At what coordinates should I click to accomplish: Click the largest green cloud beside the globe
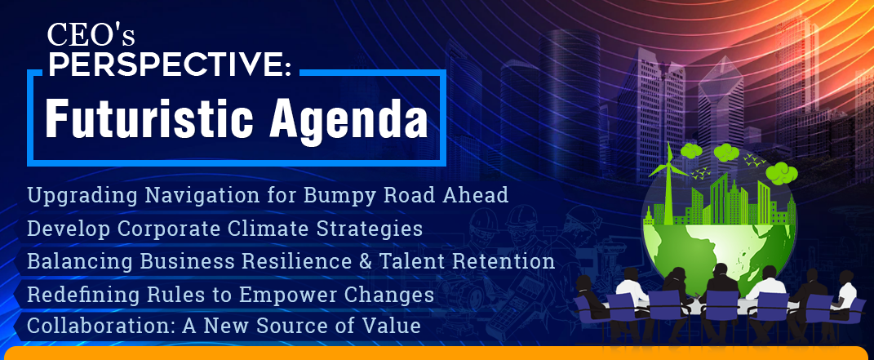782,173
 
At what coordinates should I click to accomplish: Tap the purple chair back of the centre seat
722,304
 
